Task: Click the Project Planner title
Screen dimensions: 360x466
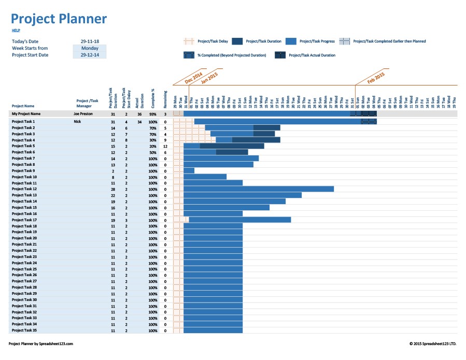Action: tap(59, 19)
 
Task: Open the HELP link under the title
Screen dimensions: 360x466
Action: tap(16, 31)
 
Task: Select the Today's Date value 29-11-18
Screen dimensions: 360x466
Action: tap(90, 41)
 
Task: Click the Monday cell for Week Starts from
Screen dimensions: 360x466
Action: tap(90, 48)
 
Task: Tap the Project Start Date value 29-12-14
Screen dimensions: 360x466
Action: tap(90, 55)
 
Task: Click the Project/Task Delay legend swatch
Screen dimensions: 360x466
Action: tap(189, 41)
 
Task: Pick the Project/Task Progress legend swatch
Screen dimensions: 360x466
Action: tap(291, 41)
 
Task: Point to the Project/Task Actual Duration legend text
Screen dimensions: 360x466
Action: tap(312, 55)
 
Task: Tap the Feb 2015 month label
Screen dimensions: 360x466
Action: tap(375, 78)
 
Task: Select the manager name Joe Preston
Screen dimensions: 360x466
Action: tap(83, 113)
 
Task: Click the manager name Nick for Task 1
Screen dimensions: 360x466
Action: tap(77, 121)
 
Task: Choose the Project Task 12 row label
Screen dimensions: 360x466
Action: tap(24, 189)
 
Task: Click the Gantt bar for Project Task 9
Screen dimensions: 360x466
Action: tap(189, 170)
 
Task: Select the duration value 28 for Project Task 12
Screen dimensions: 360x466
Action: tap(112, 189)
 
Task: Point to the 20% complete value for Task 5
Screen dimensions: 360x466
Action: tap(152, 146)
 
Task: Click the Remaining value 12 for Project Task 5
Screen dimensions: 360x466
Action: tap(165, 146)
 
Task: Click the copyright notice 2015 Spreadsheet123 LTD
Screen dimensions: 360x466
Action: tap(433, 343)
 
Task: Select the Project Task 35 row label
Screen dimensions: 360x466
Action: tap(24, 330)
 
